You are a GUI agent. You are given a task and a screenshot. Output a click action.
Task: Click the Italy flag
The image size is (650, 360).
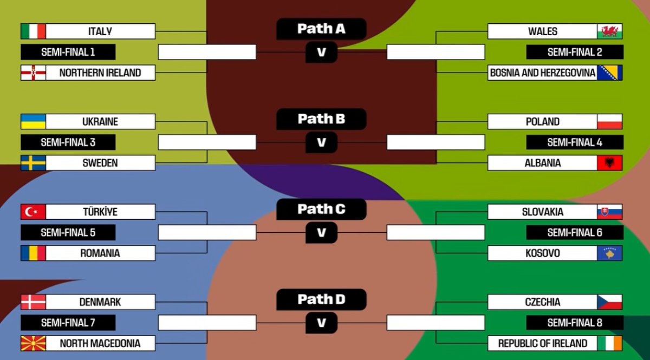click(33, 31)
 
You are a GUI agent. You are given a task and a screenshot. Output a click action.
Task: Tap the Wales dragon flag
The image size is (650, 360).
click(610, 31)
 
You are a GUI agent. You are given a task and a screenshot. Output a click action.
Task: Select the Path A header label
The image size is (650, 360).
click(321, 29)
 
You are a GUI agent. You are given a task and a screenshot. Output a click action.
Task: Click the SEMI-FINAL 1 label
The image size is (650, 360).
click(68, 52)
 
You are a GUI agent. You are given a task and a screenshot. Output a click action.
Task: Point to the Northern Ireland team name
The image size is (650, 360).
click(100, 73)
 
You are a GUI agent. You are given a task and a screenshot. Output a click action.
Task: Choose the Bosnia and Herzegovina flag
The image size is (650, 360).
click(610, 73)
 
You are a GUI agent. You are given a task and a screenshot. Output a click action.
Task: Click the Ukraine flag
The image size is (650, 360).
click(33, 121)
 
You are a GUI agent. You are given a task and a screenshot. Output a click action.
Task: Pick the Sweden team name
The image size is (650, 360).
click(100, 163)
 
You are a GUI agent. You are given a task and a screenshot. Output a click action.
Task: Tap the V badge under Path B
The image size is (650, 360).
click(322, 142)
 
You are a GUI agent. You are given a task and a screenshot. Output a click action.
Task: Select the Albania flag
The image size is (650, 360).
click(610, 163)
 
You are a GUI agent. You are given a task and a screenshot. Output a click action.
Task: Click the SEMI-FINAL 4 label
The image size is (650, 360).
click(575, 142)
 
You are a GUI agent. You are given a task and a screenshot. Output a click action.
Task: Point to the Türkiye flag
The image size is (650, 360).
click(33, 212)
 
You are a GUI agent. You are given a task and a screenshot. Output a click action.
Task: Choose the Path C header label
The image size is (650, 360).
click(321, 209)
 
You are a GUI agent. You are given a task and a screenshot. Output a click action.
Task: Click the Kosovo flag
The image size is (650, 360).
click(610, 253)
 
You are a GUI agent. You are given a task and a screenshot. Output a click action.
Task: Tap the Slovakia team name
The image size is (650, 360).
click(542, 212)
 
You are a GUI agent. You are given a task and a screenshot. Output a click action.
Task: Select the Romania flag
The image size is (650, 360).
click(33, 253)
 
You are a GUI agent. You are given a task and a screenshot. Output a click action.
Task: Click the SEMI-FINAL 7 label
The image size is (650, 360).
click(68, 323)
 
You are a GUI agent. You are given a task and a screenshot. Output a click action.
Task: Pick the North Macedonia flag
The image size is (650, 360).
click(33, 343)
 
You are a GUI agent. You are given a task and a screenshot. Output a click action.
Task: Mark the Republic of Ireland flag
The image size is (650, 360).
click(610, 343)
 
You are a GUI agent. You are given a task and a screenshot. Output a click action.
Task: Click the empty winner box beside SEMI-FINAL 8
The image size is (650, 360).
click(435, 323)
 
